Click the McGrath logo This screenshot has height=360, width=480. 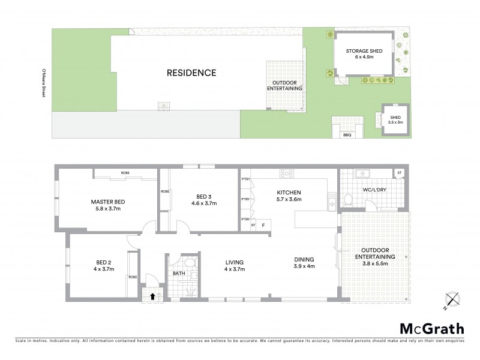tap(432, 328)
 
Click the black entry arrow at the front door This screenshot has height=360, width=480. tap(152, 295)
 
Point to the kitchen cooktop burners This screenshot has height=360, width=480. tap(286, 174)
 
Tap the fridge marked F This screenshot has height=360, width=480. tap(263, 225)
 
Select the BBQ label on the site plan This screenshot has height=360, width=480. tap(347, 135)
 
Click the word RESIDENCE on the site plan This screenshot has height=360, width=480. tap(191, 73)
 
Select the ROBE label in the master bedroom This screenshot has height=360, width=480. tap(125, 173)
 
